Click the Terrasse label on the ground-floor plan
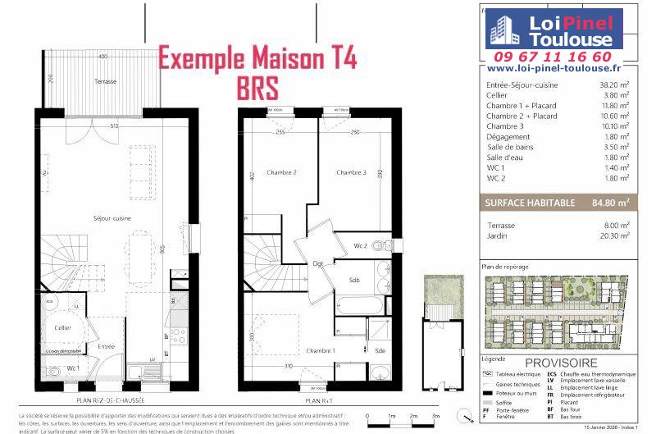[x=104, y=81]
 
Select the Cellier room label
[x=63, y=327]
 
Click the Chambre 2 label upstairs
[x=283, y=172]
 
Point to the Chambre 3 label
[x=351, y=172]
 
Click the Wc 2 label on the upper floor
[x=361, y=245]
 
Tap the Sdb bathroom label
[x=354, y=280]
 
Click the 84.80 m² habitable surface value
[x=612, y=201]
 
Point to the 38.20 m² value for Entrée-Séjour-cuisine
[x=614, y=85]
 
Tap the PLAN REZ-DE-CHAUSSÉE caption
[x=110, y=400]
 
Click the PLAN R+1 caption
[x=317, y=400]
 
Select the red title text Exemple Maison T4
[x=257, y=60]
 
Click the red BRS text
[x=257, y=86]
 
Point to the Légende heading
[x=494, y=359]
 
